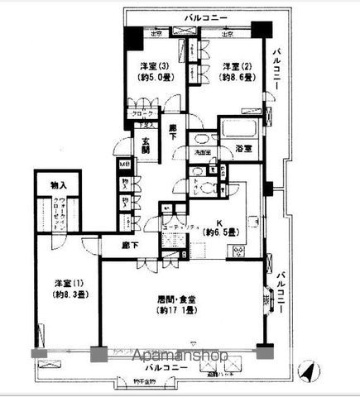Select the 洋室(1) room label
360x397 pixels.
[63, 280]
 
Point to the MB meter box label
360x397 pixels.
[124, 165]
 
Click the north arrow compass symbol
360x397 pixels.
[307, 374]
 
